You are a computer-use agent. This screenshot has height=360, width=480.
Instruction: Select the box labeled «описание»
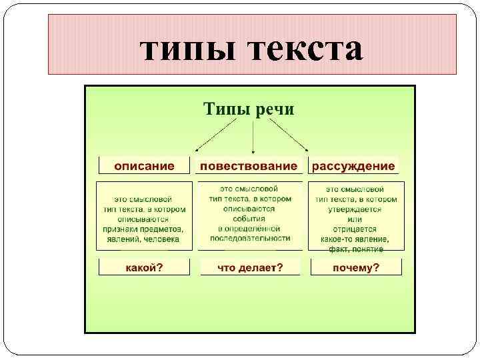[144, 165]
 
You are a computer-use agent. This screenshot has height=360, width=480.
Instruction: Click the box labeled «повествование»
[248, 165]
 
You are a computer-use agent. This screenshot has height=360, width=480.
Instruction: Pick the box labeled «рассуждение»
[353, 165]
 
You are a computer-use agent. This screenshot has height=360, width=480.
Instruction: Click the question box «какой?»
[145, 268]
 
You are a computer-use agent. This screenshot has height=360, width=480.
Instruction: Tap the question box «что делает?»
[250, 268]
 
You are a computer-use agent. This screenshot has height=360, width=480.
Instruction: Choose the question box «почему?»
[355, 268]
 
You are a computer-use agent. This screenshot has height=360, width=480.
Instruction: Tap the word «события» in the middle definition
[250, 218]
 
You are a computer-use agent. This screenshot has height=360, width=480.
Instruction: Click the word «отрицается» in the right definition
[355, 229]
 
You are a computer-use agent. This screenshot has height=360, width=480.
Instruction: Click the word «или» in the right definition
[355, 219]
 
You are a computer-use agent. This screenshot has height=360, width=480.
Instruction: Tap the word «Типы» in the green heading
[227, 108]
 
